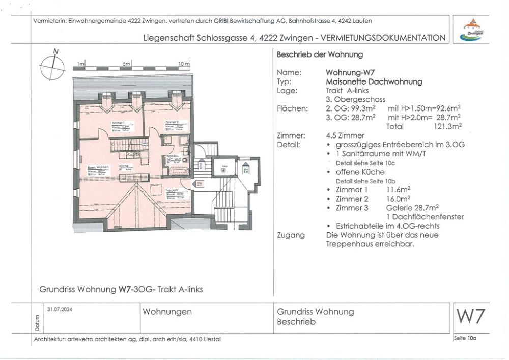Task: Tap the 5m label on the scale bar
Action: [x=127, y=64]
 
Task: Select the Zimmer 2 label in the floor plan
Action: [x=172, y=123]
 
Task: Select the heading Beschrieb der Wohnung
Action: [x=319, y=54]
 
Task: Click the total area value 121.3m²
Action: [x=446, y=126]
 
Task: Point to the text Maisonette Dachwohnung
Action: [x=374, y=81]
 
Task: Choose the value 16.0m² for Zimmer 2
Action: [x=401, y=199]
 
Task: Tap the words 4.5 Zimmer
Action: [x=345, y=135]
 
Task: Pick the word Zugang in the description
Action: [x=291, y=235]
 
